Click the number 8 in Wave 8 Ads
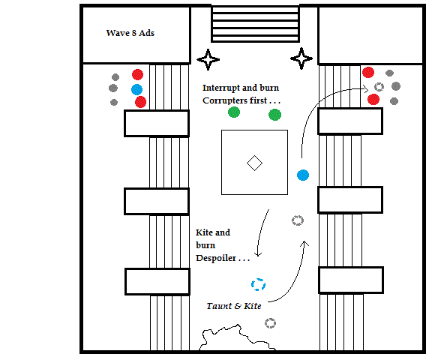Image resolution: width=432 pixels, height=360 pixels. pos(134,33)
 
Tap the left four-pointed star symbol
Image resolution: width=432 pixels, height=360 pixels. pos(208,59)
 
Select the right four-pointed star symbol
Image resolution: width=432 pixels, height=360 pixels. pos(301,58)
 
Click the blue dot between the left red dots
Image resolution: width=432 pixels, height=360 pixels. pos(137,89)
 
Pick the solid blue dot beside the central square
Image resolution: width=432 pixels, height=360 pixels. pos(303,175)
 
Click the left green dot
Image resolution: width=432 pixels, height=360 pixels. pos(234,112)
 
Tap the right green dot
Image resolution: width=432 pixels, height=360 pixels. pos(274,115)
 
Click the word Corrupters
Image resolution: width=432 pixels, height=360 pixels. pos(235,100)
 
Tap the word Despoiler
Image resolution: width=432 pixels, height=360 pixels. pos(216,258)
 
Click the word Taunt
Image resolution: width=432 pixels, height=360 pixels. pos(219,306)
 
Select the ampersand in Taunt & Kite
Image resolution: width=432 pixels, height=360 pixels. pos(238,306)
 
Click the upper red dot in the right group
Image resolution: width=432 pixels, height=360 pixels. pos(368,73)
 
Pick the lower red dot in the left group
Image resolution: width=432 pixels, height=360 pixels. pos(140,102)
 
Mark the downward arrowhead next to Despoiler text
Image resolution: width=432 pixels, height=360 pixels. pos(258,254)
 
